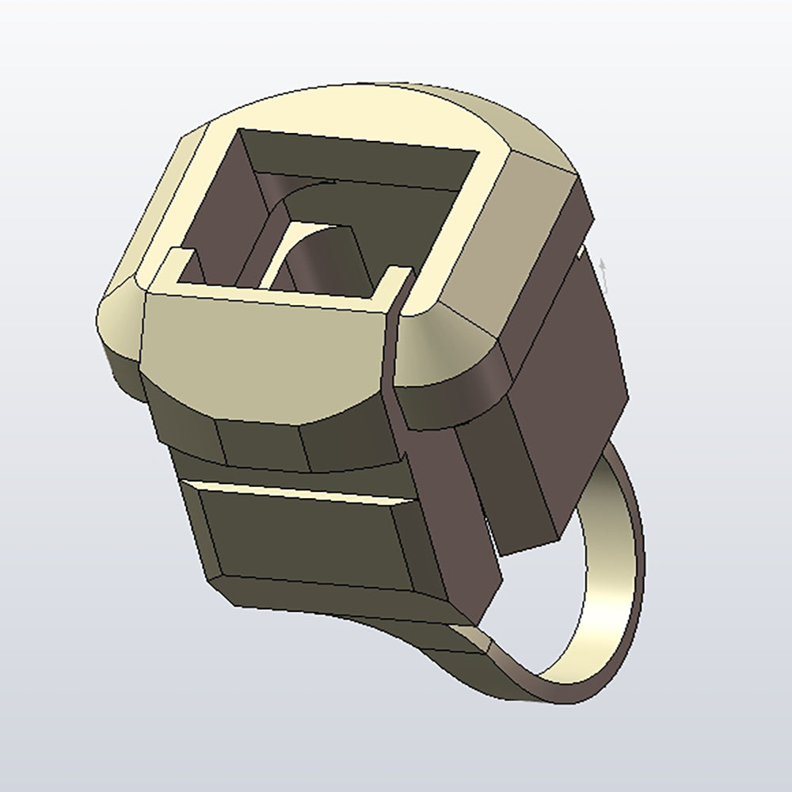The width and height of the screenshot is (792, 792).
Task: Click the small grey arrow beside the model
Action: (604, 269)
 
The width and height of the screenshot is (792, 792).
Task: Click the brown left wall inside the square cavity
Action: (230, 206)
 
